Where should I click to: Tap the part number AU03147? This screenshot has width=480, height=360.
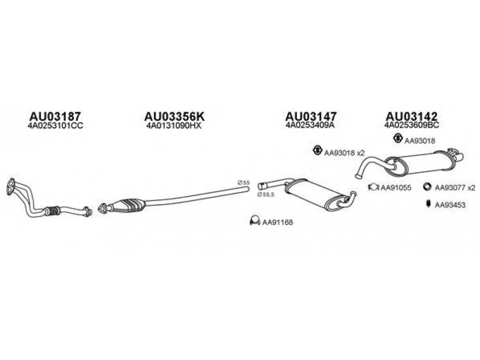310,115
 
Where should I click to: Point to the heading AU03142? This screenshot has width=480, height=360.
411,115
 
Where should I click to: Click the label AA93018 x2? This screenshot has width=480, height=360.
344,153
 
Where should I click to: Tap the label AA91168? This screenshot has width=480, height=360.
278,223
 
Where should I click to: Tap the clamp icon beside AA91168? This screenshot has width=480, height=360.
254,222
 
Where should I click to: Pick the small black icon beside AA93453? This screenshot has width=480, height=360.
428,204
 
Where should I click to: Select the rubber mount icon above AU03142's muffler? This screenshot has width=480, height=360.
397,140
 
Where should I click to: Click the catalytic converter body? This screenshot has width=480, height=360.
129,205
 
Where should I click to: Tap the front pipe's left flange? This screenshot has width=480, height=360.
10,186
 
